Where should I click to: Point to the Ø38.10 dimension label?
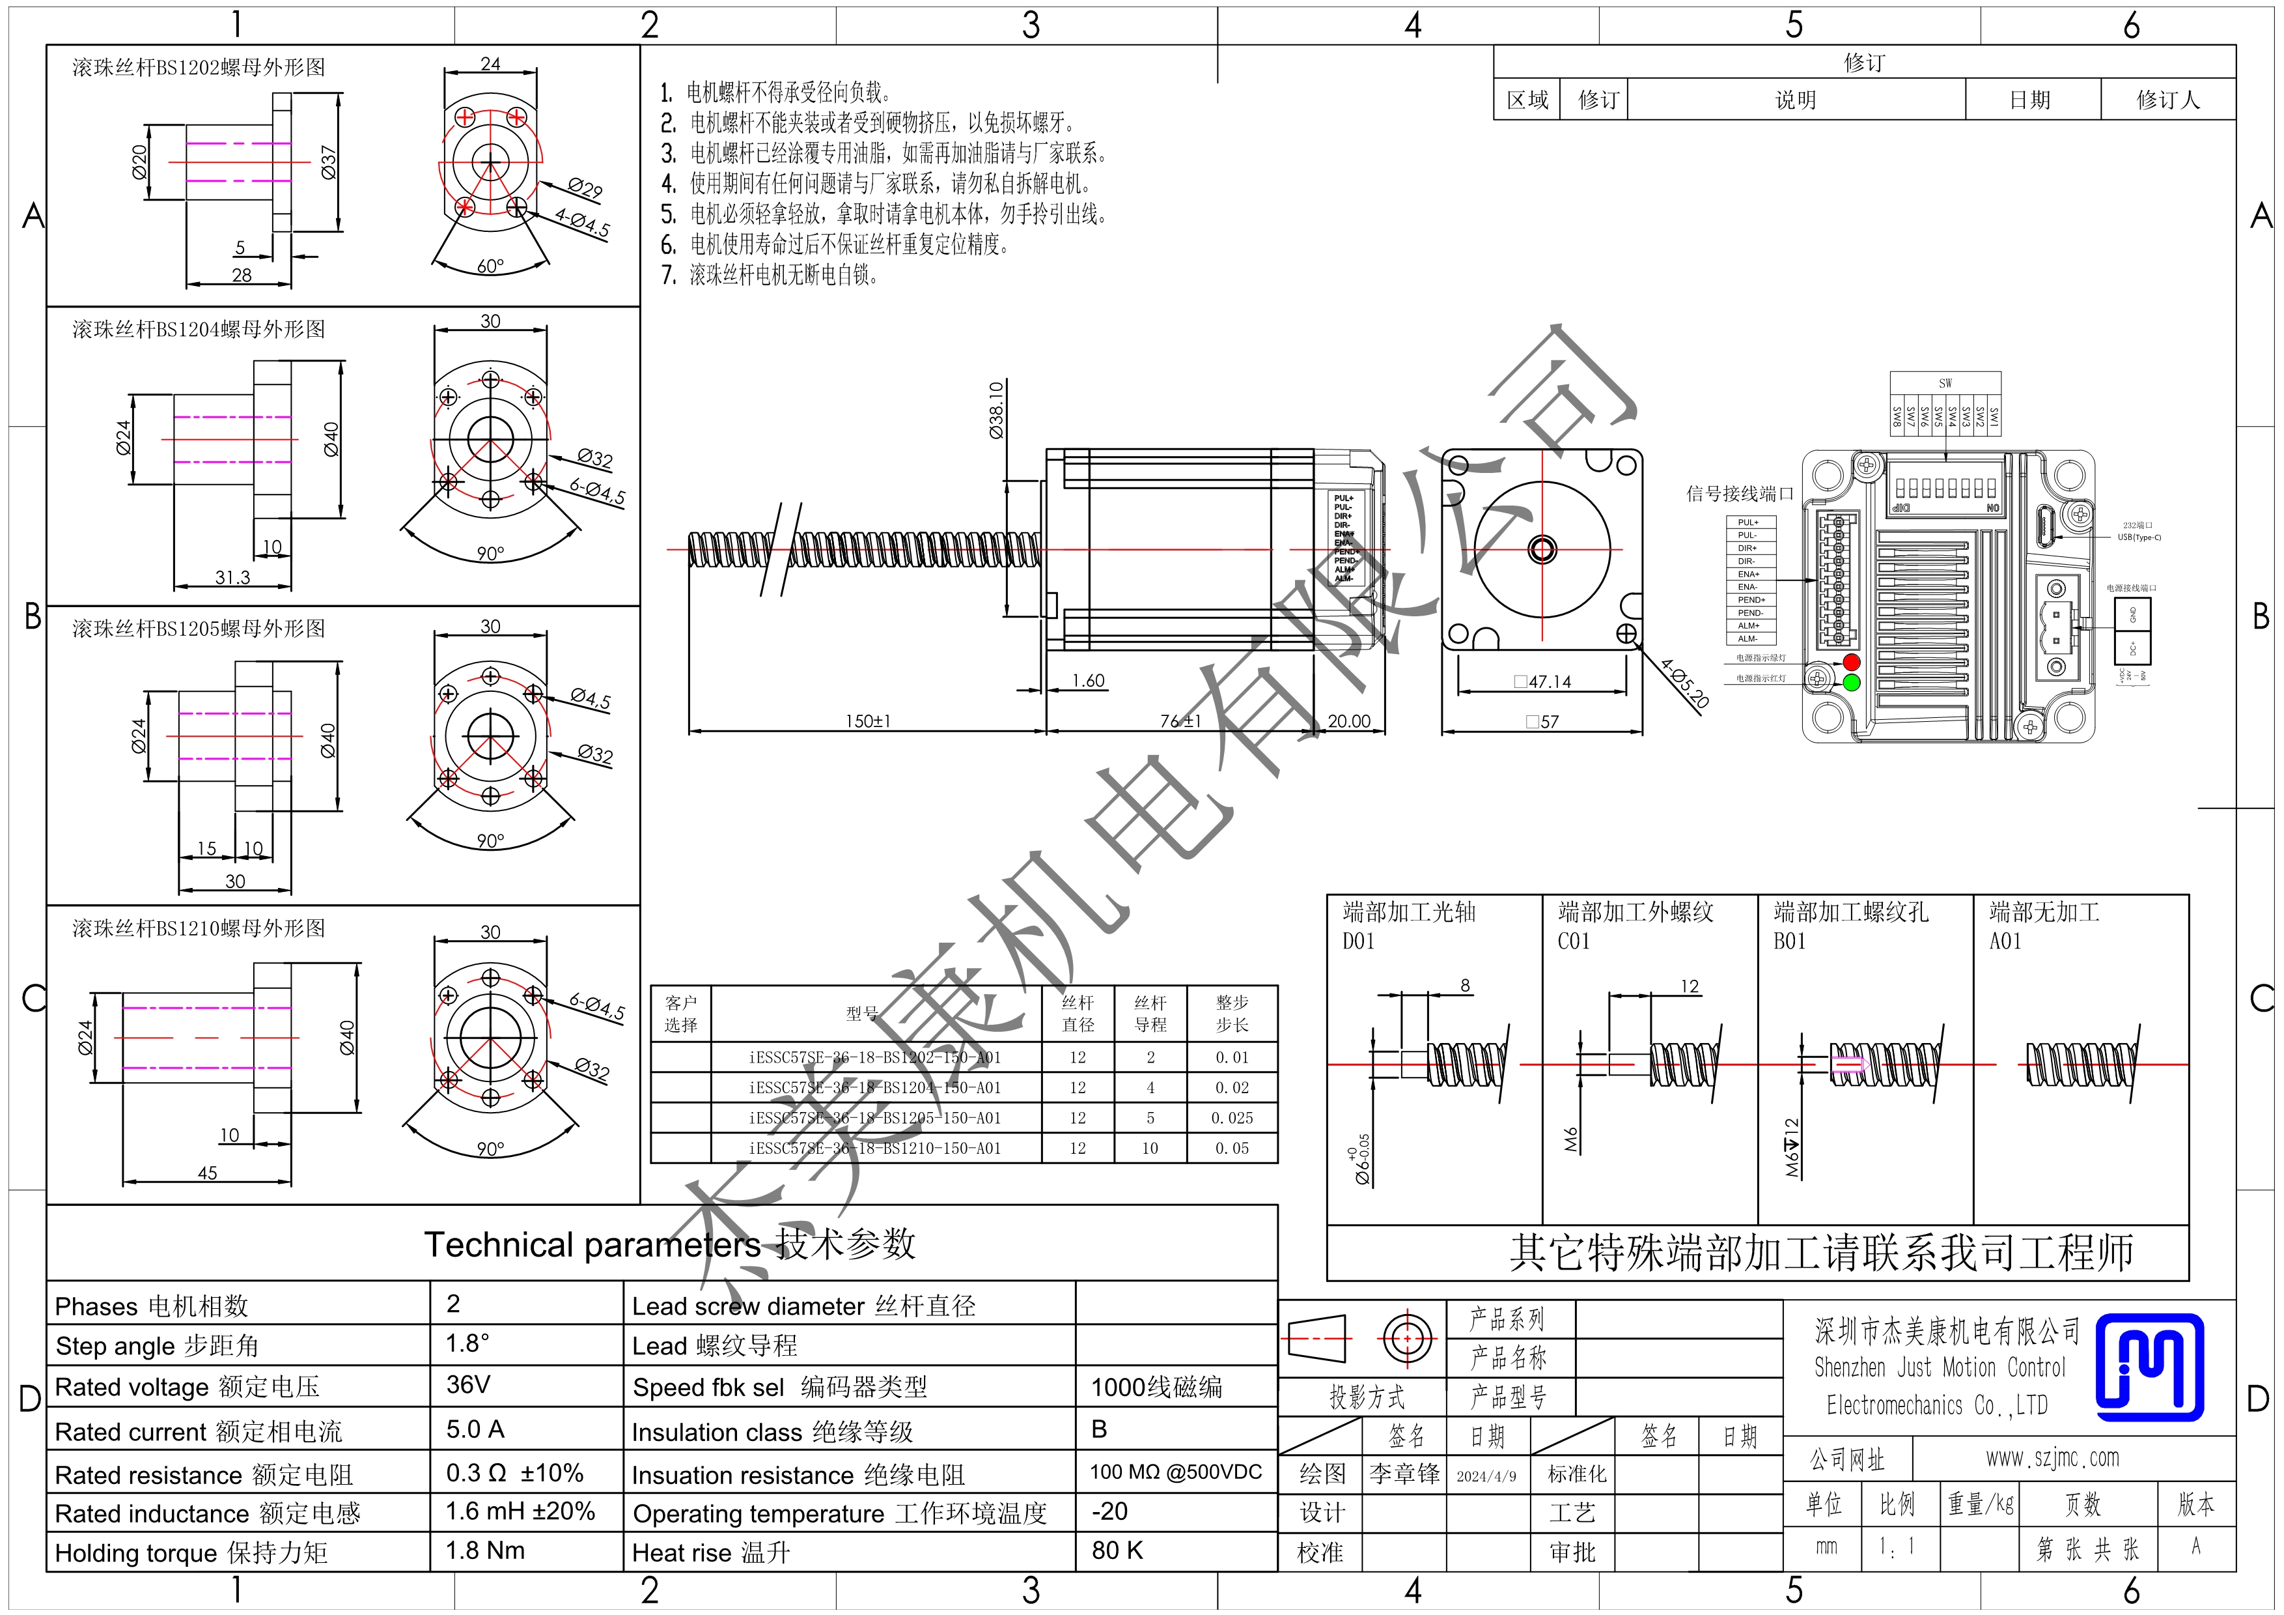996,410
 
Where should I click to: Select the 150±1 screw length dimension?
867,721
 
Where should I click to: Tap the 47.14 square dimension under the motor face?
1543,681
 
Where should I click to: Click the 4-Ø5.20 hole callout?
1684,683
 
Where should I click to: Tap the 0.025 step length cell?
1232,1117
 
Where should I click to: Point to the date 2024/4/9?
1486,1476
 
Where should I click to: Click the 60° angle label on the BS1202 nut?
490,266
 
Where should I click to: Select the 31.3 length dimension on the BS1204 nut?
233,577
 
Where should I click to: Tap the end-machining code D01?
1358,941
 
